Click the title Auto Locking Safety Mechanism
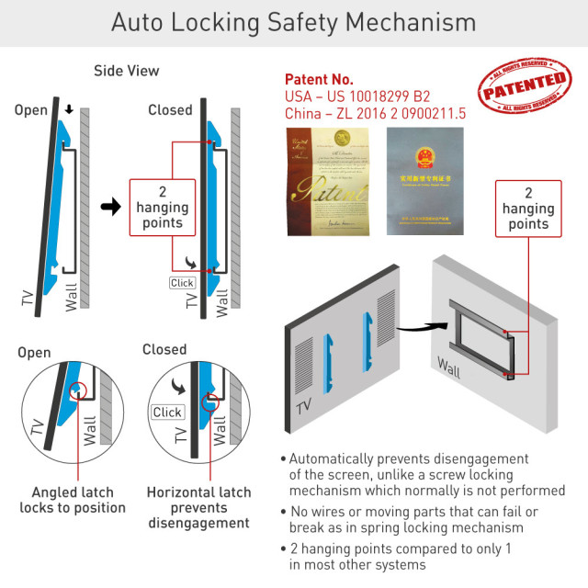click(294, 22)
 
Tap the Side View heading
click(127, 71)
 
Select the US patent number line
click(357, 96)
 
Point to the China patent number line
click(376, 114)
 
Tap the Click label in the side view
click(183, 283)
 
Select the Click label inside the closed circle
click(167, 412)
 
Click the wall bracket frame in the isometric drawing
click(478, 336)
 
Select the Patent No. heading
click(319, 79)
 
